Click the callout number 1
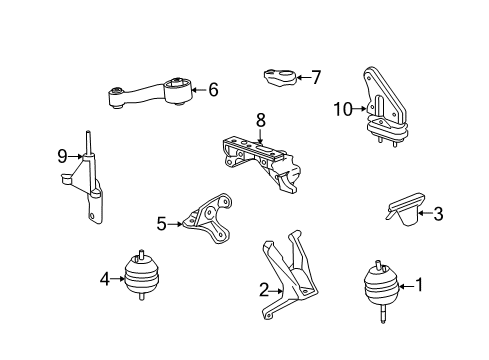pos(420,285)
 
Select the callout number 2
pos(264,291)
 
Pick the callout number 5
pos(161,224)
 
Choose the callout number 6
pos(212,90)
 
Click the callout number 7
pos(316,76)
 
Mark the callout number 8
pos(260,120)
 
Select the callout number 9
pos(62,156)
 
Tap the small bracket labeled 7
pos(281,76)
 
